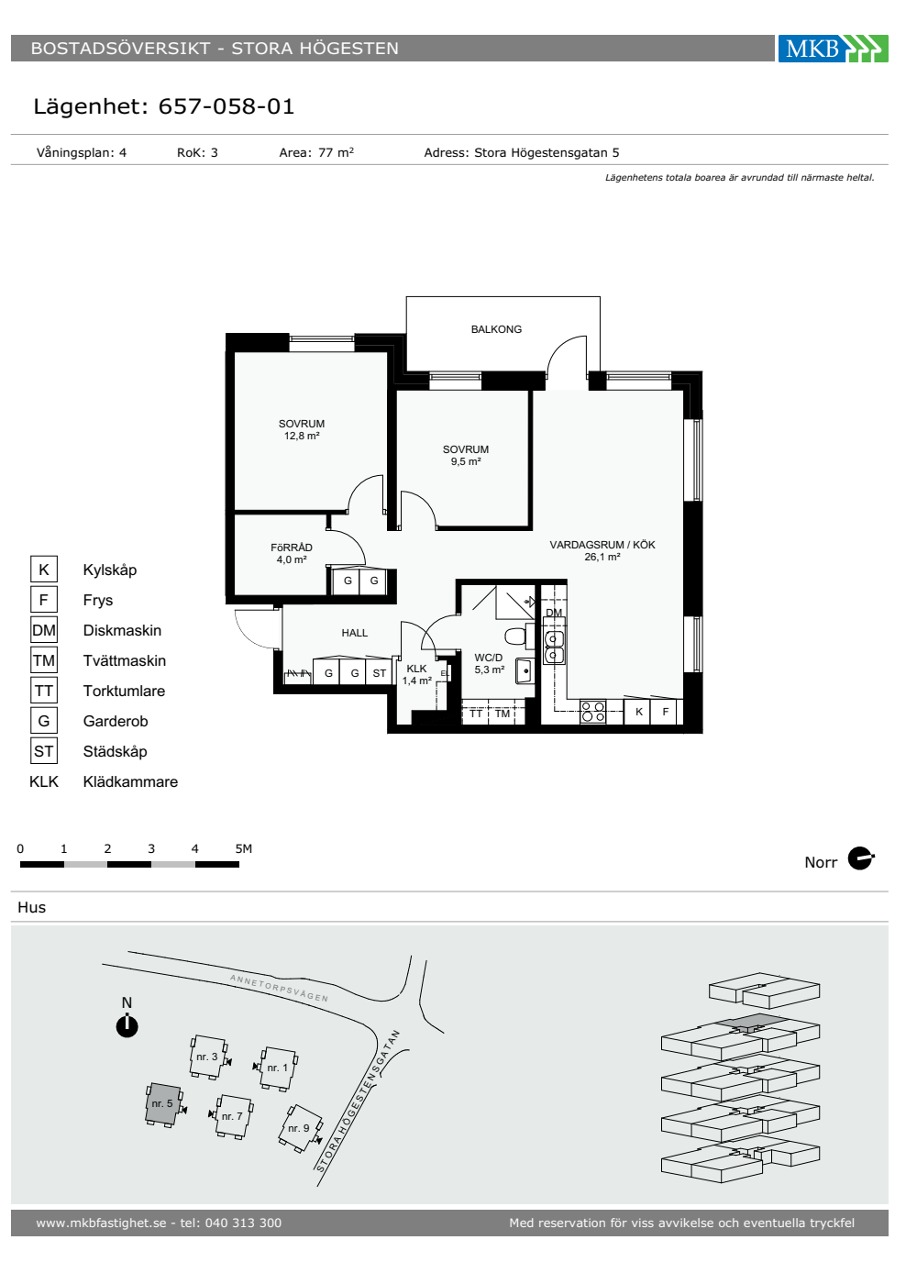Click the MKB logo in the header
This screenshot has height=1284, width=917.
833,48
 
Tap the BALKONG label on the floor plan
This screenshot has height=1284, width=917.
496,329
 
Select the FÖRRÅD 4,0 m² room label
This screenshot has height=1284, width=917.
292,554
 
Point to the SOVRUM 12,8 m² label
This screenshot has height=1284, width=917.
302,430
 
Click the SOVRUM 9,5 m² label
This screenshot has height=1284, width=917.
466,456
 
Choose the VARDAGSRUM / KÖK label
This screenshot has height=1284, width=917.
602,551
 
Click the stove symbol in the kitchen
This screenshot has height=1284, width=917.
593,712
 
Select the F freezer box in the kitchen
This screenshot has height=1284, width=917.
665,712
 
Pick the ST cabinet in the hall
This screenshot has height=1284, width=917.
379,671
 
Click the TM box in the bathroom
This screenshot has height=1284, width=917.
503,714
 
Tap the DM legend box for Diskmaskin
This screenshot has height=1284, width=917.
44,630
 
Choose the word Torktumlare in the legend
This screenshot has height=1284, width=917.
124,691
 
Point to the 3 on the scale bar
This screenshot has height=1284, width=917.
151,848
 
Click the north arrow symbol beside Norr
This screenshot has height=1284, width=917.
861,858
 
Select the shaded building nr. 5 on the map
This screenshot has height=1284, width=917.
163,1104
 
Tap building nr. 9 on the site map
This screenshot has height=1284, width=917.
301,1128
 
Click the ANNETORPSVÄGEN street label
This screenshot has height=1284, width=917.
279,988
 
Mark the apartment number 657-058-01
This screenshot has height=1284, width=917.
226,106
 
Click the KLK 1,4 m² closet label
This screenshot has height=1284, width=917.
416,675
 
